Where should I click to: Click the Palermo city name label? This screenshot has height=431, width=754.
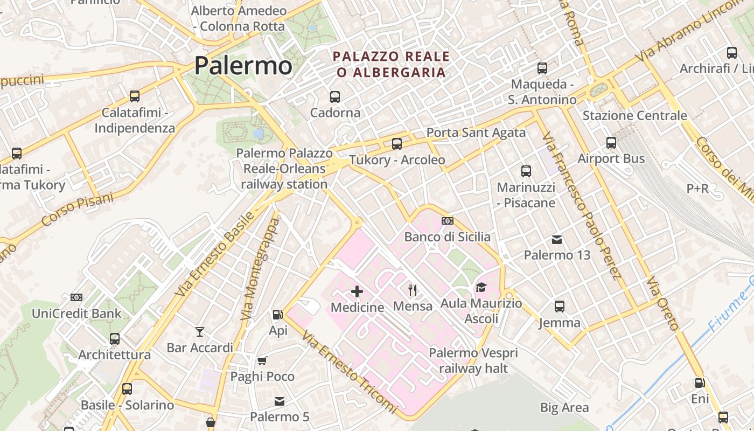pyautogui.click(x=243, y=66)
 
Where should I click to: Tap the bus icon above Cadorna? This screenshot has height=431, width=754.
pyautogui.click(x=335, y=97)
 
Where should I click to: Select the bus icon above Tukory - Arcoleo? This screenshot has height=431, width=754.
pyautogui.click(x=397, y=144)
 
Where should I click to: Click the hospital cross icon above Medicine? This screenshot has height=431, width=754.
pyautogui.click(x=357, y=291)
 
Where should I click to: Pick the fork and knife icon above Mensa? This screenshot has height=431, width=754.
pyautogui.click(x=413, y=290)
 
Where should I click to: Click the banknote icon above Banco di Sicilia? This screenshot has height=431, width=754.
pyautogui.click(x=447, y=221)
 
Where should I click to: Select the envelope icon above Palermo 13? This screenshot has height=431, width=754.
pyautogui.click(x=557, y=239)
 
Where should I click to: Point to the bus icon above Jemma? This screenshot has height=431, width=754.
pyautogui.click(x=560, y=307)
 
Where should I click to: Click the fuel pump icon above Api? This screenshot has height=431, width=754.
pyautogui.click(x=278, y=315)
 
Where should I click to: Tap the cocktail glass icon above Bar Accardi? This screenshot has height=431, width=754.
pyautogui.click(x=200, y=331)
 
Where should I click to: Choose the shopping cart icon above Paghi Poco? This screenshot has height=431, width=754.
pyautogui.click(x=262, y=360)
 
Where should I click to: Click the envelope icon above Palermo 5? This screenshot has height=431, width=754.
pyautogui.click(x=280, y=401)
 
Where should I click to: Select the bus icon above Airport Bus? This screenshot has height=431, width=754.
pyautogui.click(x=611, y=143)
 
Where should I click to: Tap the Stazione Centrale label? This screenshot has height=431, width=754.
pyautogui.click(x=635, y=115)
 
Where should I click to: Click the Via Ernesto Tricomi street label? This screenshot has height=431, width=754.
pyautogui.click(x=350, y=372)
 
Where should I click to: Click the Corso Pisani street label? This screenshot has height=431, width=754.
pyautogui.click(x=78, y=210)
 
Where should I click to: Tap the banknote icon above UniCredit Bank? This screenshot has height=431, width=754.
pyautogui.click(x=76, y=297)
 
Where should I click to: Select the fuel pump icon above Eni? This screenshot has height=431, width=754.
pyautogui.click(x=700, y=383)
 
